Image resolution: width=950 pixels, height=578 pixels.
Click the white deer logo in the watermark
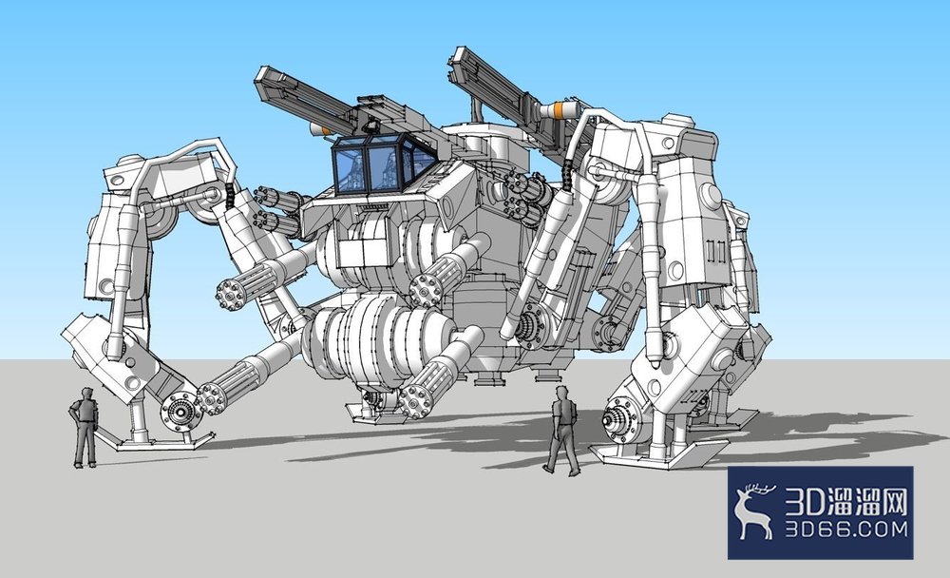pyautogui.click(x=754, y=511)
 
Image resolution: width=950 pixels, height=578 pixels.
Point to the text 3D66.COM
pyautogui.click(x=847, y=529)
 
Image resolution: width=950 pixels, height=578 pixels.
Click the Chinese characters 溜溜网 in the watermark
pyautogui.click(x=869, y=501)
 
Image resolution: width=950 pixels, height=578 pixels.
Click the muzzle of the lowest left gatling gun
pyautogui.click(x=212, y=398)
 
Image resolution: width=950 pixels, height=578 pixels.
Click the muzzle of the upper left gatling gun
pyautogui.click(x=231, y=294)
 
